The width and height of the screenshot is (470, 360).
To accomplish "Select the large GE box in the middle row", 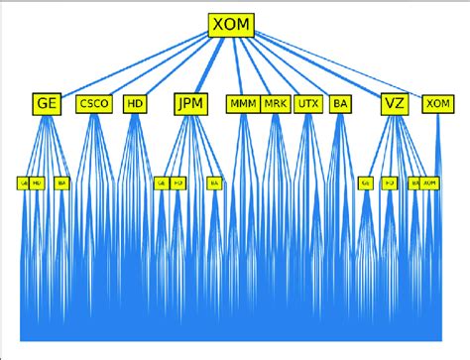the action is coord(46,102).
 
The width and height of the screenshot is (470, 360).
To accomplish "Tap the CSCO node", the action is coord(94,103).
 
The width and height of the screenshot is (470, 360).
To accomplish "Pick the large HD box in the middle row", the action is coord(135,103).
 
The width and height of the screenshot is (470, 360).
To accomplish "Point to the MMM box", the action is coord(242,103).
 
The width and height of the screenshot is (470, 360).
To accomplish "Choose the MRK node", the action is coord(275,103).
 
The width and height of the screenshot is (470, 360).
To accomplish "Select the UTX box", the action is coord(307,103).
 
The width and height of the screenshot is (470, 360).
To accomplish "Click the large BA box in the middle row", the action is coord(340,103).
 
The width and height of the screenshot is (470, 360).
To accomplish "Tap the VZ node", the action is coord(394,102).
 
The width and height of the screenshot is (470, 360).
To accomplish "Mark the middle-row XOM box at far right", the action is coord(435,103).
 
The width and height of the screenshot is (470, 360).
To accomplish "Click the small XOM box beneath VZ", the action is coord(430,183).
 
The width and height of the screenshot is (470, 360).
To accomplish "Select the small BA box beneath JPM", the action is coord(213,183).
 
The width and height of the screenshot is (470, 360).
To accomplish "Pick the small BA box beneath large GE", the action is coord(61,183).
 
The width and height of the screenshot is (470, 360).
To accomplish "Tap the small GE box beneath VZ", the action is coord(366,183).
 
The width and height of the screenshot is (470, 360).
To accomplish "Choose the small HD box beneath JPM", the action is coord(178,183).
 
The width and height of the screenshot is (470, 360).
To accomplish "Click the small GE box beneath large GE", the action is coord(23,183).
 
